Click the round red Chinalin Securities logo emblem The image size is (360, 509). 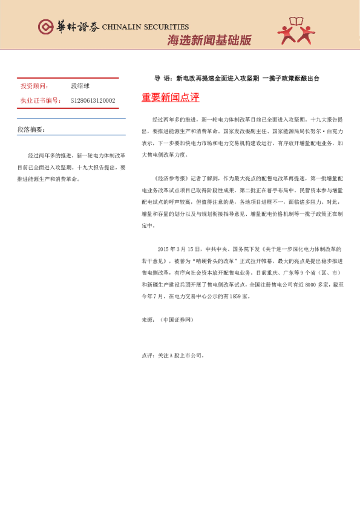pyautogui.click(x=46, y=27)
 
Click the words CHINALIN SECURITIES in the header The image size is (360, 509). pyautogui.click(x=145, y=27)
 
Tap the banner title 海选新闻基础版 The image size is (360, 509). pyautogui.click(x=208, y=41)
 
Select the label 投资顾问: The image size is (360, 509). pyautogui.click(x=34, y=86)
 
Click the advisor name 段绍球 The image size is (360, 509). pyautogui.click(x=80, y=86)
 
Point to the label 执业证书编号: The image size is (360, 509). pyautogui.click(x=41, y=100)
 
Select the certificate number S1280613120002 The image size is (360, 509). pyautogui.click(x=93, y=100)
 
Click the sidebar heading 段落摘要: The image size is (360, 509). pyautogui.click(x=31, y=129)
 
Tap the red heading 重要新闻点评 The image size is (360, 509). pyautogui.click(x=170, y=98)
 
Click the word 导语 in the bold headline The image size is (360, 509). pyautogui.click(x=162, y=79)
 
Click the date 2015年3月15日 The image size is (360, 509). pyautogui.click(x=178, y=248)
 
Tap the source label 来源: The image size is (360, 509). pyautogui.click(x=148, y=319)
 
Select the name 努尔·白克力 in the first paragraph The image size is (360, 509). pyautogui.click(x=330, y=130)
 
